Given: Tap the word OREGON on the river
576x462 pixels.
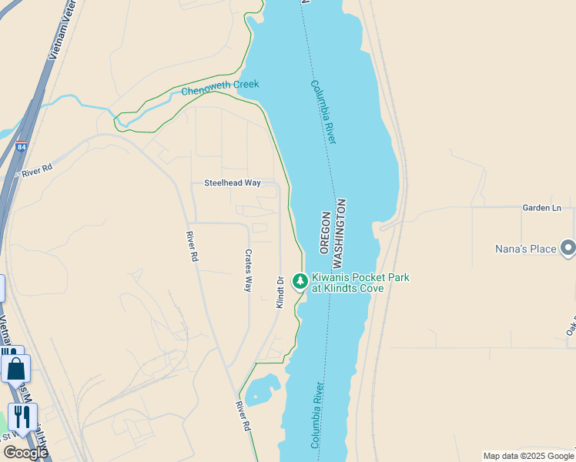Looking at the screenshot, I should pyautogui.click(x=324, y=232).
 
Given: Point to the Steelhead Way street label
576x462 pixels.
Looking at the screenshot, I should pyautogui.click(x=232, y=183).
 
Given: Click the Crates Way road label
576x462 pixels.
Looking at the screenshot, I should pyautogui.click(x=248, y=269).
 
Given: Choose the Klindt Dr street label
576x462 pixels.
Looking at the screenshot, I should pyautogui.click(x=280, y=292).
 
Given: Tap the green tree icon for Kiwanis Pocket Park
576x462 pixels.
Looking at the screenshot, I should pyautogui.click(x=300, y=283).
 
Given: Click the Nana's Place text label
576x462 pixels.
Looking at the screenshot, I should pyautogui.click(x=526, y=249).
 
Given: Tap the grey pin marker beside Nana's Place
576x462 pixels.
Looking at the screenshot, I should pyautogui.click(x=568, y=248).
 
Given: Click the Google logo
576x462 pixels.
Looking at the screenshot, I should pyautogui.click(x=25, y=452).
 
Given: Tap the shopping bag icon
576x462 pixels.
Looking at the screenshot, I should pyautogui.click(x=15, y=370).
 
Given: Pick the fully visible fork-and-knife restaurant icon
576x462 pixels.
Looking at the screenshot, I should pyautogui.click(x=22, y=417).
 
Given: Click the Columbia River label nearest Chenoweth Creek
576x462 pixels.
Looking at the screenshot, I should pyautogui.click(x=323, y=112).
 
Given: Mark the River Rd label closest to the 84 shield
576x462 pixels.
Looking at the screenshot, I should pyautogui.click(x=36, y=170).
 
